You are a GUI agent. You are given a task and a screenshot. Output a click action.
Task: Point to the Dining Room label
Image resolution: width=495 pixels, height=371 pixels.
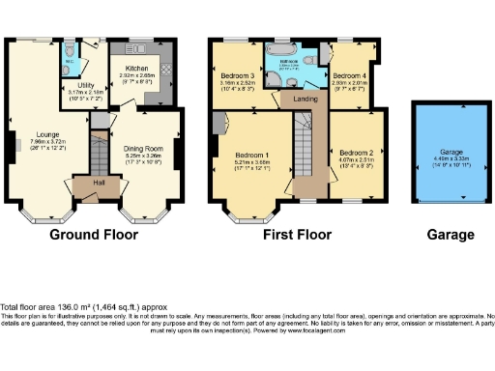pyautogui.click(x=148, y=147)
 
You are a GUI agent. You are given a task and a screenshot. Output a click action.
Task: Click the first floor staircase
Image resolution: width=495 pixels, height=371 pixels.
pyautogui.click(x=304, y=145)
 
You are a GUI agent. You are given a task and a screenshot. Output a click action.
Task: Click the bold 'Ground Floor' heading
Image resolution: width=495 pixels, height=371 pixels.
pyautogui.click(x=94, y=235)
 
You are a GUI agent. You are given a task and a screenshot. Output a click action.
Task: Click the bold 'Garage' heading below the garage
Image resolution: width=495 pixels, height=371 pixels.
pyautogui.click(x=450, y=235)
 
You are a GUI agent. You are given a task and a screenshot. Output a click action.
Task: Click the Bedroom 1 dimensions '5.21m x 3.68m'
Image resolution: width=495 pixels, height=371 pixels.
pyautogui.click(x=251, y=161)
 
